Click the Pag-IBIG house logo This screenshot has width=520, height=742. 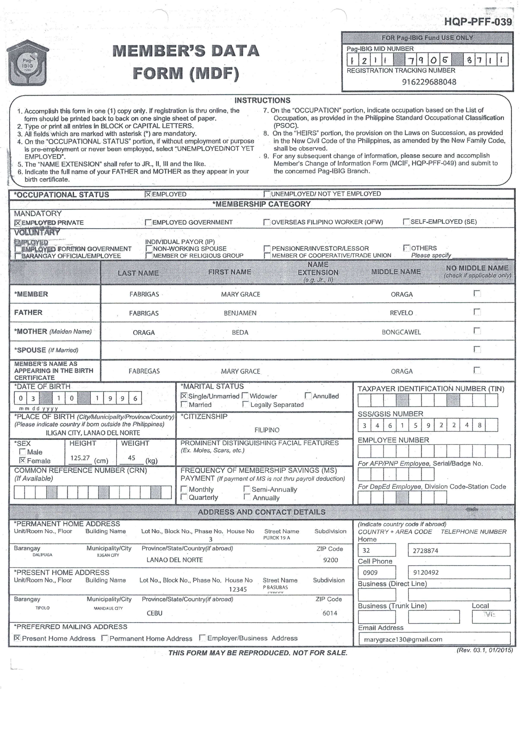click(27, 63)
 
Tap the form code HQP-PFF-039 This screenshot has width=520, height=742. click(478, 22)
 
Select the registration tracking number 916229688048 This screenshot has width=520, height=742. click(429, 82)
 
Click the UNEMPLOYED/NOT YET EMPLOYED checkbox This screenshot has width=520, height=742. click(267, 194)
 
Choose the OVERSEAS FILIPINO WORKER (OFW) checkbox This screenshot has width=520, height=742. click(267, 222)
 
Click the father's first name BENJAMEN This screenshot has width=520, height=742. click(240, 313)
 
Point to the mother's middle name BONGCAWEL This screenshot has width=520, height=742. click(401, 332)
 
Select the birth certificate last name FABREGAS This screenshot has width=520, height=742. click(144, 371)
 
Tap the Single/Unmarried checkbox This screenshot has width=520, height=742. click(184, 396)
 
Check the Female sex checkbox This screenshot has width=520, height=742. click(22, 460)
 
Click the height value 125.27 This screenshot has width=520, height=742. click(80, 458)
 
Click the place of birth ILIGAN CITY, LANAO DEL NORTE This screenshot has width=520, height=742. click(93, 433)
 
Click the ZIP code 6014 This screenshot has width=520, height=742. click(330, 613)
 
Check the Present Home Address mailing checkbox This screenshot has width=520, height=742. click(17, 638)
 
